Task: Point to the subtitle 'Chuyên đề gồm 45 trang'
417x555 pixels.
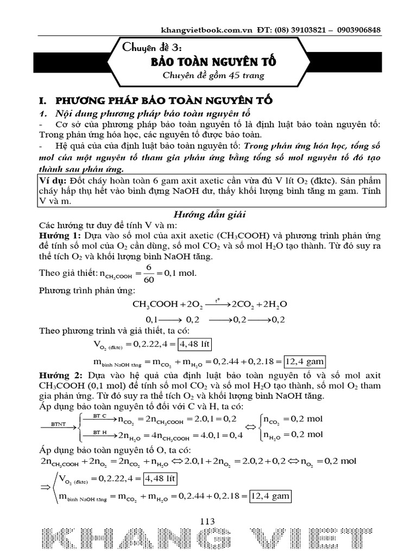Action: pos(214,76)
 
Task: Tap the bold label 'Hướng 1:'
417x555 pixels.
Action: pos(57,236)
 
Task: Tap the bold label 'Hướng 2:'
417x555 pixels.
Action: pos(57,375)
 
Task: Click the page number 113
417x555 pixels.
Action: pos(207,521)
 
